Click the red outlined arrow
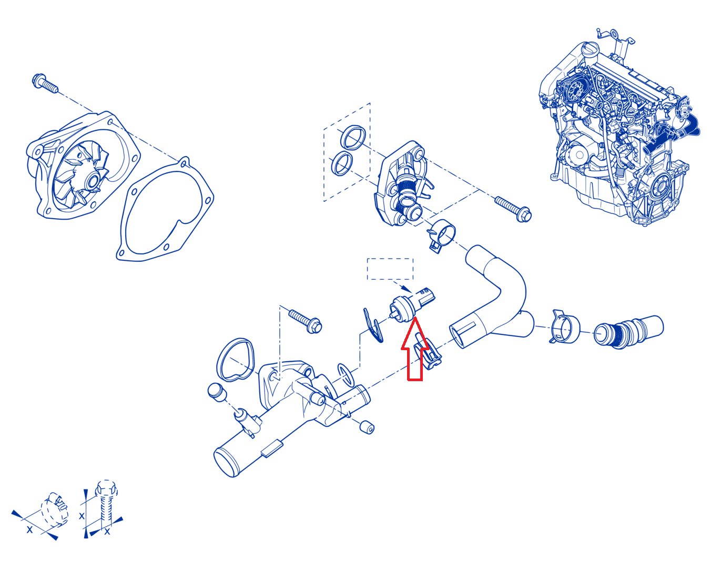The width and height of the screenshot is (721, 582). pos(414,352)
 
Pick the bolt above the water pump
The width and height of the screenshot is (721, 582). pos(45,83)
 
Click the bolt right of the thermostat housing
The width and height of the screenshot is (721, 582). pos(513,209)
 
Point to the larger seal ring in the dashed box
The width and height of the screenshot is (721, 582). pos(353,138)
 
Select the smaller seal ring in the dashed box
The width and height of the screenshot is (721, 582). pos(341,164)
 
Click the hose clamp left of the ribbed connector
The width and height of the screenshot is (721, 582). pos(563,327)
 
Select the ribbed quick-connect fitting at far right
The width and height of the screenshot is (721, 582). pos(628,332)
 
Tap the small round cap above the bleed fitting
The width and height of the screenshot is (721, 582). pos(217,392)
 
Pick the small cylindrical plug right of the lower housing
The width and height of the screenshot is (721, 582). pos(367,427)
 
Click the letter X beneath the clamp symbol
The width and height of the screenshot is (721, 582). pos(30,529)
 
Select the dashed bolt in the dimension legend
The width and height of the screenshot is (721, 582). pos(106,503)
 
